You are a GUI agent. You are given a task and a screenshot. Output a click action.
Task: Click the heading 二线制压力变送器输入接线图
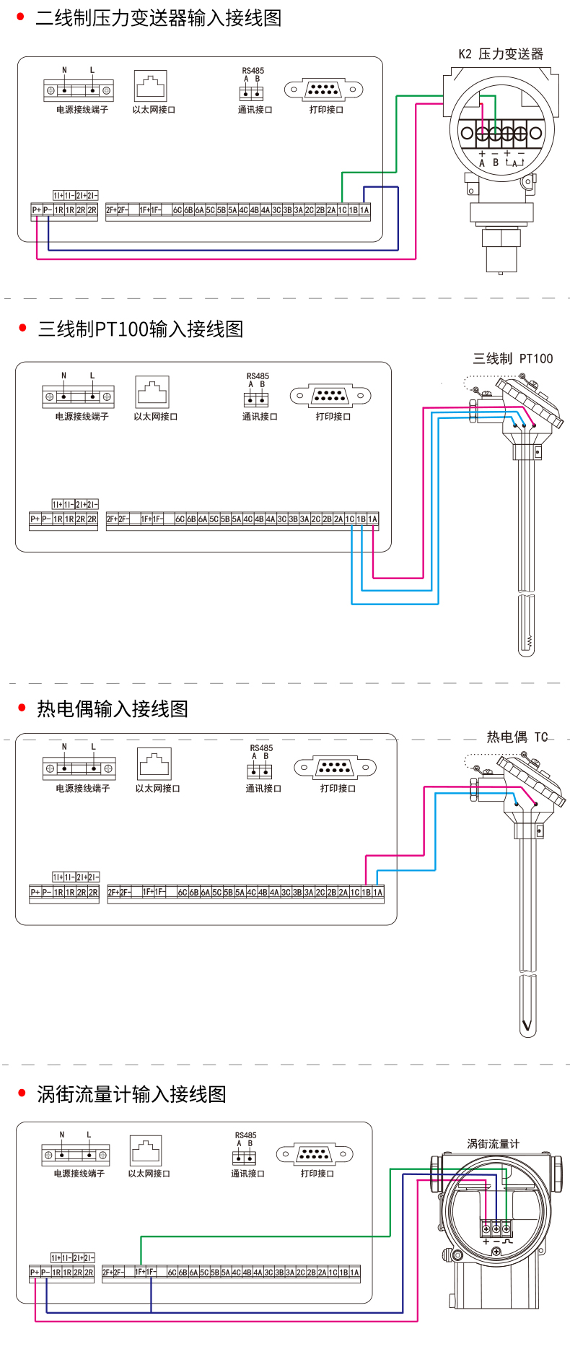click(158, 18)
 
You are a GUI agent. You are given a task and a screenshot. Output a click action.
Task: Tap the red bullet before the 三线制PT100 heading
click(22, 329)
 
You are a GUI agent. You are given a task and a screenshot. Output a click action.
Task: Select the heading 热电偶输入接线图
click(113, 708)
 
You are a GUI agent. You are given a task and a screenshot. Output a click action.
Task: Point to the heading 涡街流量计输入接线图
click(131, 1094)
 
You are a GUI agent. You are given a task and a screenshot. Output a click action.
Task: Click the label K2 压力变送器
click(501, 54)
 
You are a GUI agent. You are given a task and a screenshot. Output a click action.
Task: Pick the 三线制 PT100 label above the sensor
click(513, 358)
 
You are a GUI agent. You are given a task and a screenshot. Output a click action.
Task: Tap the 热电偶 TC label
click(517, 737)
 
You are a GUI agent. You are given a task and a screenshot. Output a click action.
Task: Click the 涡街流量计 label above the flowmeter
click(493, 1143)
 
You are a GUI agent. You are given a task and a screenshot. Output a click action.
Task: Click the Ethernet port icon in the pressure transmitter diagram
click(150, 85)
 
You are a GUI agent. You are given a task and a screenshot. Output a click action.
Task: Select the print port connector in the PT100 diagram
click(330, 396)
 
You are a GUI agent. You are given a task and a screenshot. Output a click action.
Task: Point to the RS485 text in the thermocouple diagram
click(261, 748)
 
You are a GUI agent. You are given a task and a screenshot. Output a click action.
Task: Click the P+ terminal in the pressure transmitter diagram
click(36, 210)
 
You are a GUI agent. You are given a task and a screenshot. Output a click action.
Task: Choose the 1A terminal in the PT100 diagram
click(373, 519)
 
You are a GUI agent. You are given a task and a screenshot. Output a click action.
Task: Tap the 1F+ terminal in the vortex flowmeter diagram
click(141, 1271)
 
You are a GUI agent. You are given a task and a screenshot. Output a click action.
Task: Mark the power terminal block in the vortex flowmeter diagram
click(76, 1155)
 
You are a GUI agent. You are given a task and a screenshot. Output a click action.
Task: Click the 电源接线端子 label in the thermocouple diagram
click(83, 789)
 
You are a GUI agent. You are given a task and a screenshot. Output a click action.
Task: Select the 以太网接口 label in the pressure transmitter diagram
click(154, 110)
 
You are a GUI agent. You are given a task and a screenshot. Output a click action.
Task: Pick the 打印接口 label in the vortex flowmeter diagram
click(317, 1174)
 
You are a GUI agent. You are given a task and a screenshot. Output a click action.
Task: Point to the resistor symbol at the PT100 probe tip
click(529, 641)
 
